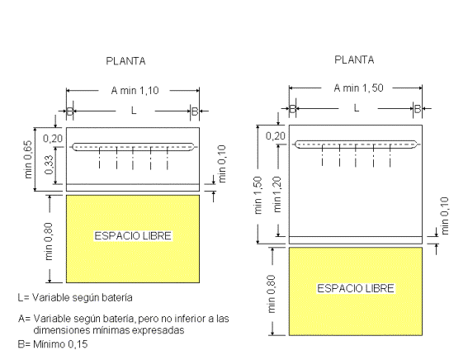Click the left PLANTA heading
(x=125, y=61)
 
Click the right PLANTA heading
(x=354, y=60)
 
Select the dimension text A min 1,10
(x=135, y=91)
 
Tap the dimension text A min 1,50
(x=358, y=88)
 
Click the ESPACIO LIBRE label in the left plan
(x=133, y=236)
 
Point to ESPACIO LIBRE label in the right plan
(x=356, y=289)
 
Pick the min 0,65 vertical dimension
(x=28, y=159)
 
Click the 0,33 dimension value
(x=50, y=165)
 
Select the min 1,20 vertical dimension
(x=277, y=194)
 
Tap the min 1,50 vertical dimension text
(x=258, y=195)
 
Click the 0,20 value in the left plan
(x=53, y=139)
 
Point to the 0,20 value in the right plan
(x=276, y=136)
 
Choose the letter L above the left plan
(x=134, y=111)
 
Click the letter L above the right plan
(x=357, y=108)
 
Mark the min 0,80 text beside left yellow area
(x=49, y=241)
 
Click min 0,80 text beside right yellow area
(x=272, y=294)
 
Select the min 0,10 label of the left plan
(x=222, y=163)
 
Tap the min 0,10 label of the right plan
(x=445, y=216)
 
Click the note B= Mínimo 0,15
(x=53, y=344)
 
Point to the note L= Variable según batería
(x=75, y=297)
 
